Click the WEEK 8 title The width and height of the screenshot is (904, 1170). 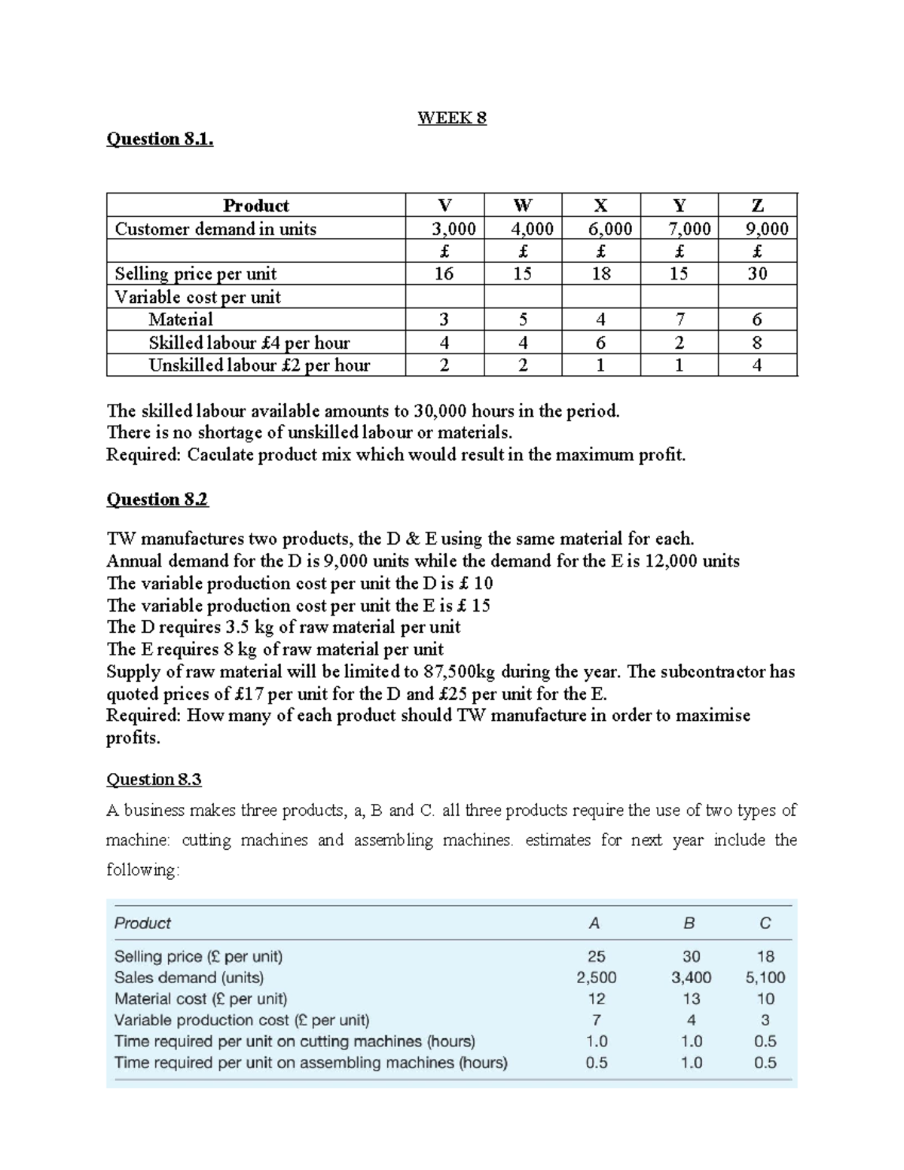tap(452, 118)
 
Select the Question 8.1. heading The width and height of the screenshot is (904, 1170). tap(160, 139)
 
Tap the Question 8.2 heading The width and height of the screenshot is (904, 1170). tap(157, 499)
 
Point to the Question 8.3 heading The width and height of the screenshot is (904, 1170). tap(154, 779)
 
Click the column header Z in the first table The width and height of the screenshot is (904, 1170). tap(757, 205)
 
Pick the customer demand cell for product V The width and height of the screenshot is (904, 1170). tap(445, 229)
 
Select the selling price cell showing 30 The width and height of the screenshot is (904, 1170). tap(757, 273)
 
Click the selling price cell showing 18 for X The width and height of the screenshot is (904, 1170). tap(601, 273)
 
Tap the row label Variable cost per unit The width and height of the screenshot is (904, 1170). tap(197, 297)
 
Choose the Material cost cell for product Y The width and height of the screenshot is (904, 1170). tap(679, 319)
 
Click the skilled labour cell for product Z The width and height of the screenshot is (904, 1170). tap(757, 343)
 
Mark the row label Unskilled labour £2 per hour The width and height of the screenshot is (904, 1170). tap(259, 365)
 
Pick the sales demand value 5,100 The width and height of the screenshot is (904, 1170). tap(765, 977)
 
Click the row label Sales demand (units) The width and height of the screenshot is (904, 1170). tap(189, 977)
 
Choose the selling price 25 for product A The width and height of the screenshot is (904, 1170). tap(596, 956)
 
